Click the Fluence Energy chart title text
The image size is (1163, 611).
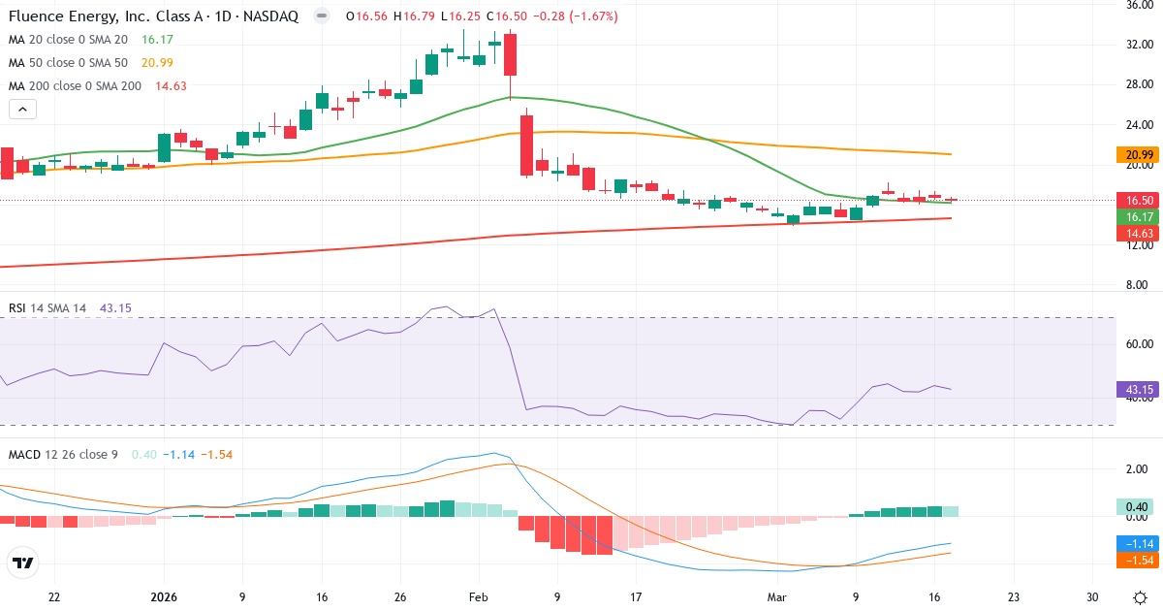point(155,16)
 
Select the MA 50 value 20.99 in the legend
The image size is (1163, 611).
point(157,63)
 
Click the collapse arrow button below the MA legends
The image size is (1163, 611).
point(22,110)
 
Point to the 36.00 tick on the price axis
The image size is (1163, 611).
point(1137,5)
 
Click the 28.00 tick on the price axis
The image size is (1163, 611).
point(1137,84)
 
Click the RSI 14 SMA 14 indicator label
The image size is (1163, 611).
point(47,308)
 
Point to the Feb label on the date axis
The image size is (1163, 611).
point(478,596)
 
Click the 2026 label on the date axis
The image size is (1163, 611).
point(163,596)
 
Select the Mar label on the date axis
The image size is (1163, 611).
point(776,596)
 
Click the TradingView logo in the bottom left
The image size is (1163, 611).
point(22,563)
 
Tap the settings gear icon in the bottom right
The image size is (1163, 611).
point(1140,596)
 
